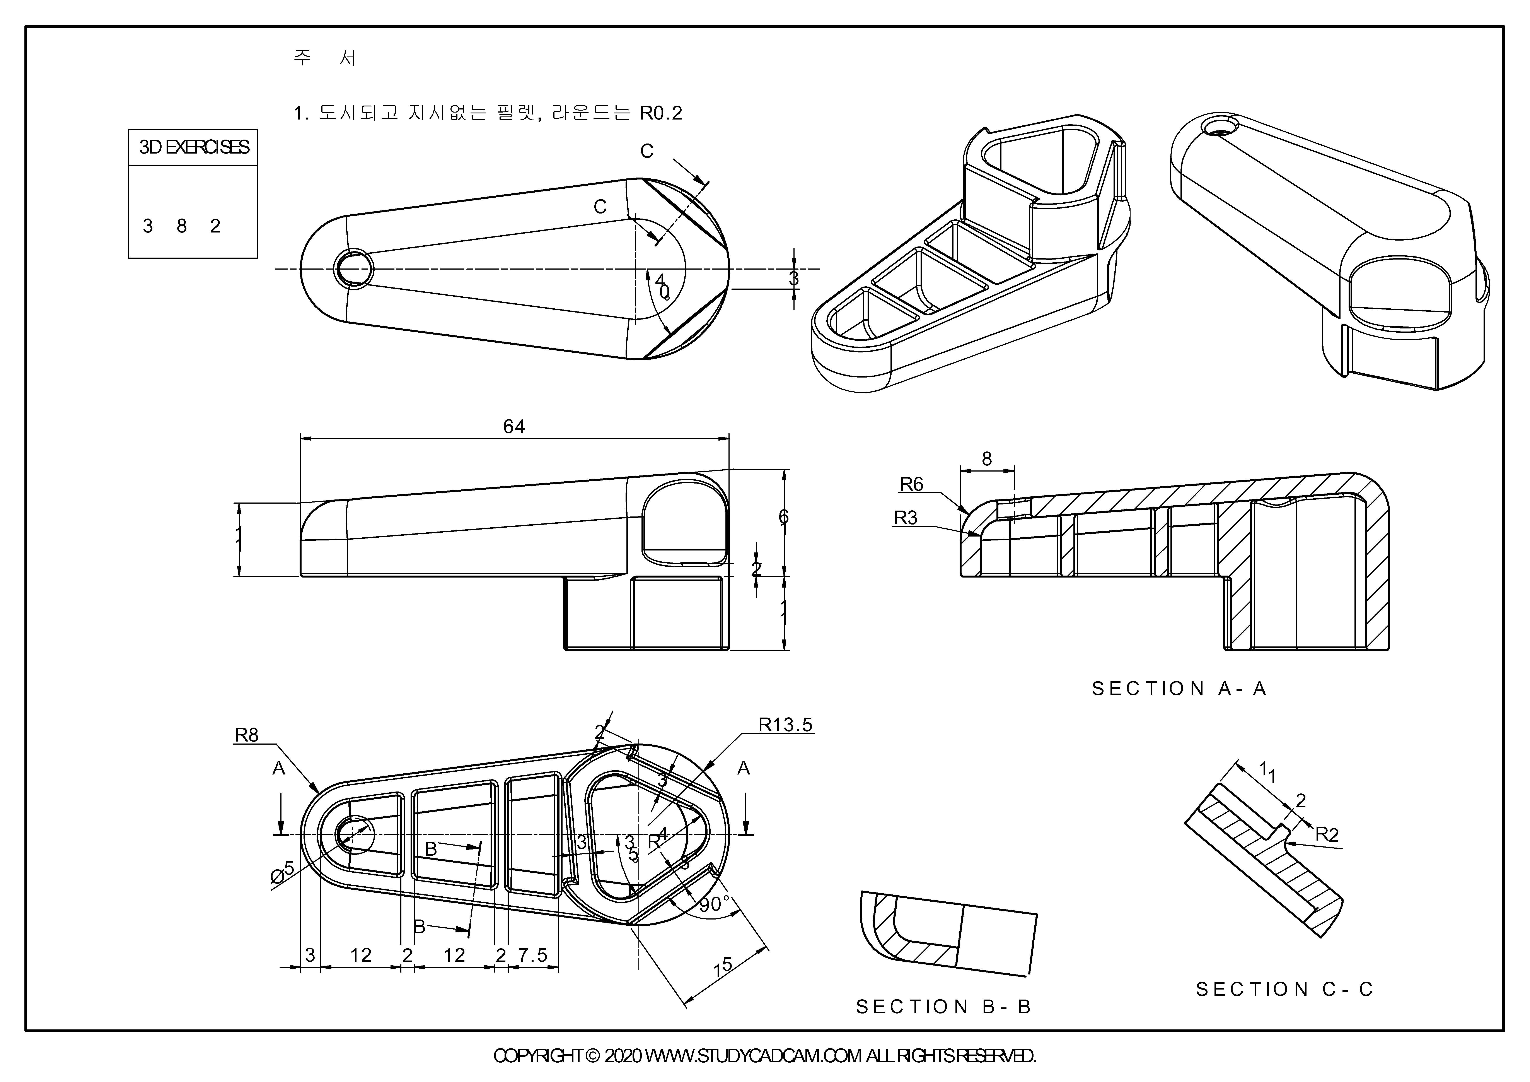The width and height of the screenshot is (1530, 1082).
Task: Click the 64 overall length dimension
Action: (x=514, y=427)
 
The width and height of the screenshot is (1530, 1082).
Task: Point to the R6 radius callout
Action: (x=912, y=485)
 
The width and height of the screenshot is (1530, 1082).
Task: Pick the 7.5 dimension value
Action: (x=533, y=955)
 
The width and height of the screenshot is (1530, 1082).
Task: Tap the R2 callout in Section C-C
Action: (x=1327, y=835)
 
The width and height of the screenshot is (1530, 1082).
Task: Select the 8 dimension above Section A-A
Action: (x=987, y=459)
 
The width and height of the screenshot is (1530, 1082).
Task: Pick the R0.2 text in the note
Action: (x=661, y=113)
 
